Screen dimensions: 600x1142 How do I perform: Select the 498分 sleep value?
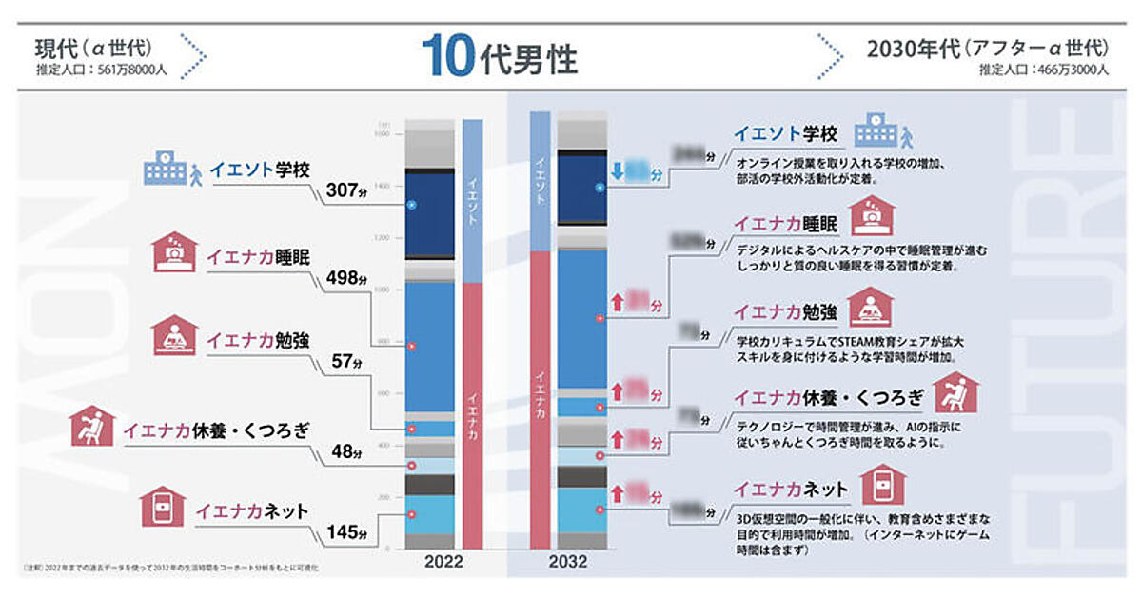point(346,278)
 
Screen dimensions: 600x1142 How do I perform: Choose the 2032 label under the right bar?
point(567,562)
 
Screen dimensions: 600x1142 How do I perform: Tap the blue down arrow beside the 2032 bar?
point(617,172)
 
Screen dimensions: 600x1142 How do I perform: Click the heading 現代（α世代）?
point(93,47)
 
